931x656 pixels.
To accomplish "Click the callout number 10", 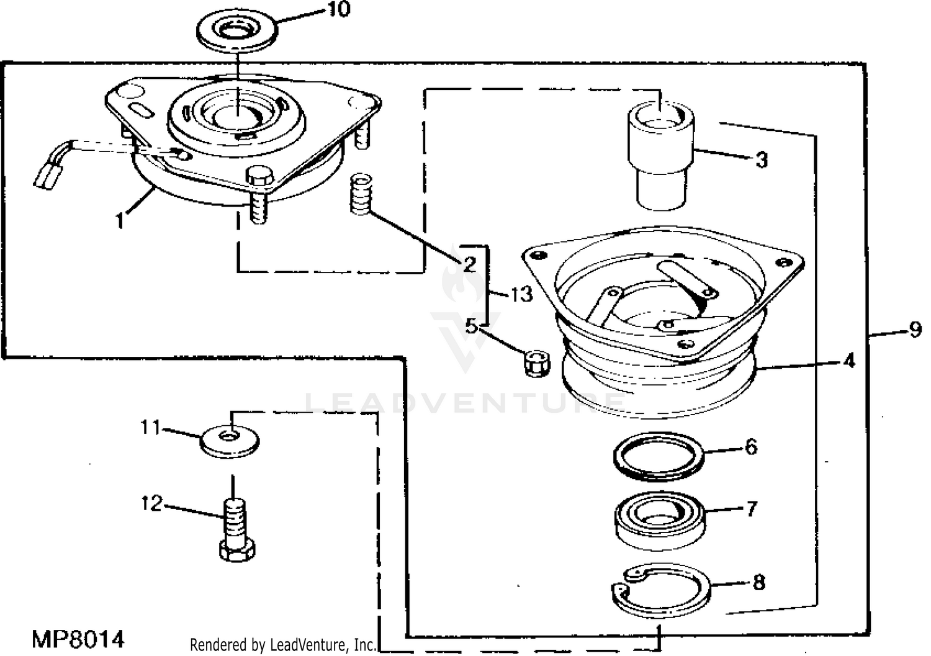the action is pyautogui.click(x=339, y=9).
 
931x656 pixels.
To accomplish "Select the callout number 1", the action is pyautogui.click(x=120, y=220).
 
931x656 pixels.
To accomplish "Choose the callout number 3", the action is pyautogui.click(x=762, y=160).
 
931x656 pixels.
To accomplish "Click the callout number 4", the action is pyautogui.click(x=850, y=360).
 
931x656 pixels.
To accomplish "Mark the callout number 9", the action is pyautogui.click(x=915, y=330).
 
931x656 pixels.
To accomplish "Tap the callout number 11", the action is pyautogui.click(x=150, y=428).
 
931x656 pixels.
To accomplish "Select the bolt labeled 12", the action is pyautogui.click(x=235, y=528).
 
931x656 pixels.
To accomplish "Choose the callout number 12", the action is pyautogui.click(x=151, y=503).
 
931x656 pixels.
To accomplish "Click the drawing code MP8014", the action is pyautogui.click(x=78, y=639).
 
